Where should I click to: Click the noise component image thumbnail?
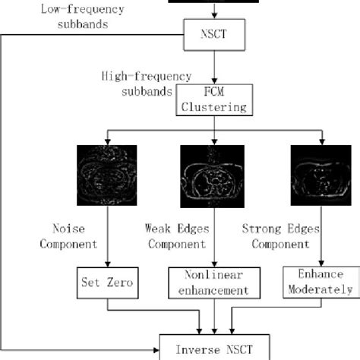[108, 175]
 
